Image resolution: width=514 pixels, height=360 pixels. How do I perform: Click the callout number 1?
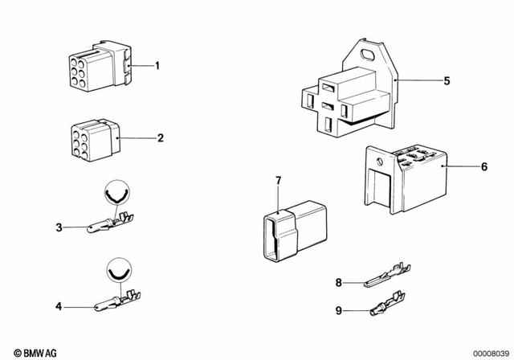[157, 66]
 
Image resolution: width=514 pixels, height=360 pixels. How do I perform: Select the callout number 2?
[160, 138]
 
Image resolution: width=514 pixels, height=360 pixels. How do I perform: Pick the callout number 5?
[448, 80]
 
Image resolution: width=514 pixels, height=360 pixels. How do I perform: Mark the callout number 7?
[278, 180]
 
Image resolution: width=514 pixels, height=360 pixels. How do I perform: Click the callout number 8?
[338, 282]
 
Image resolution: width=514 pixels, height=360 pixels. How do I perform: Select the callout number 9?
[338, 309]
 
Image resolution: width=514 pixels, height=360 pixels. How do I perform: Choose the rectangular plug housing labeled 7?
[292, 231]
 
